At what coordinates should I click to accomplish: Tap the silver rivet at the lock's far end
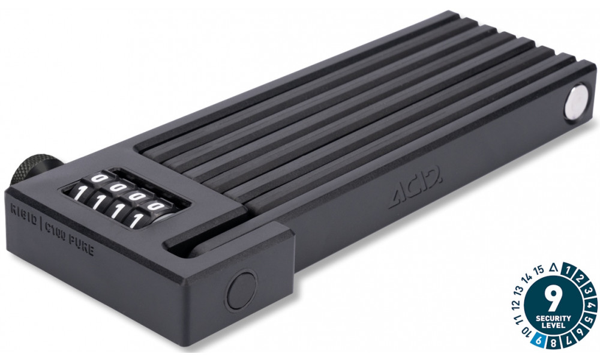(x=576, y=100)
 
